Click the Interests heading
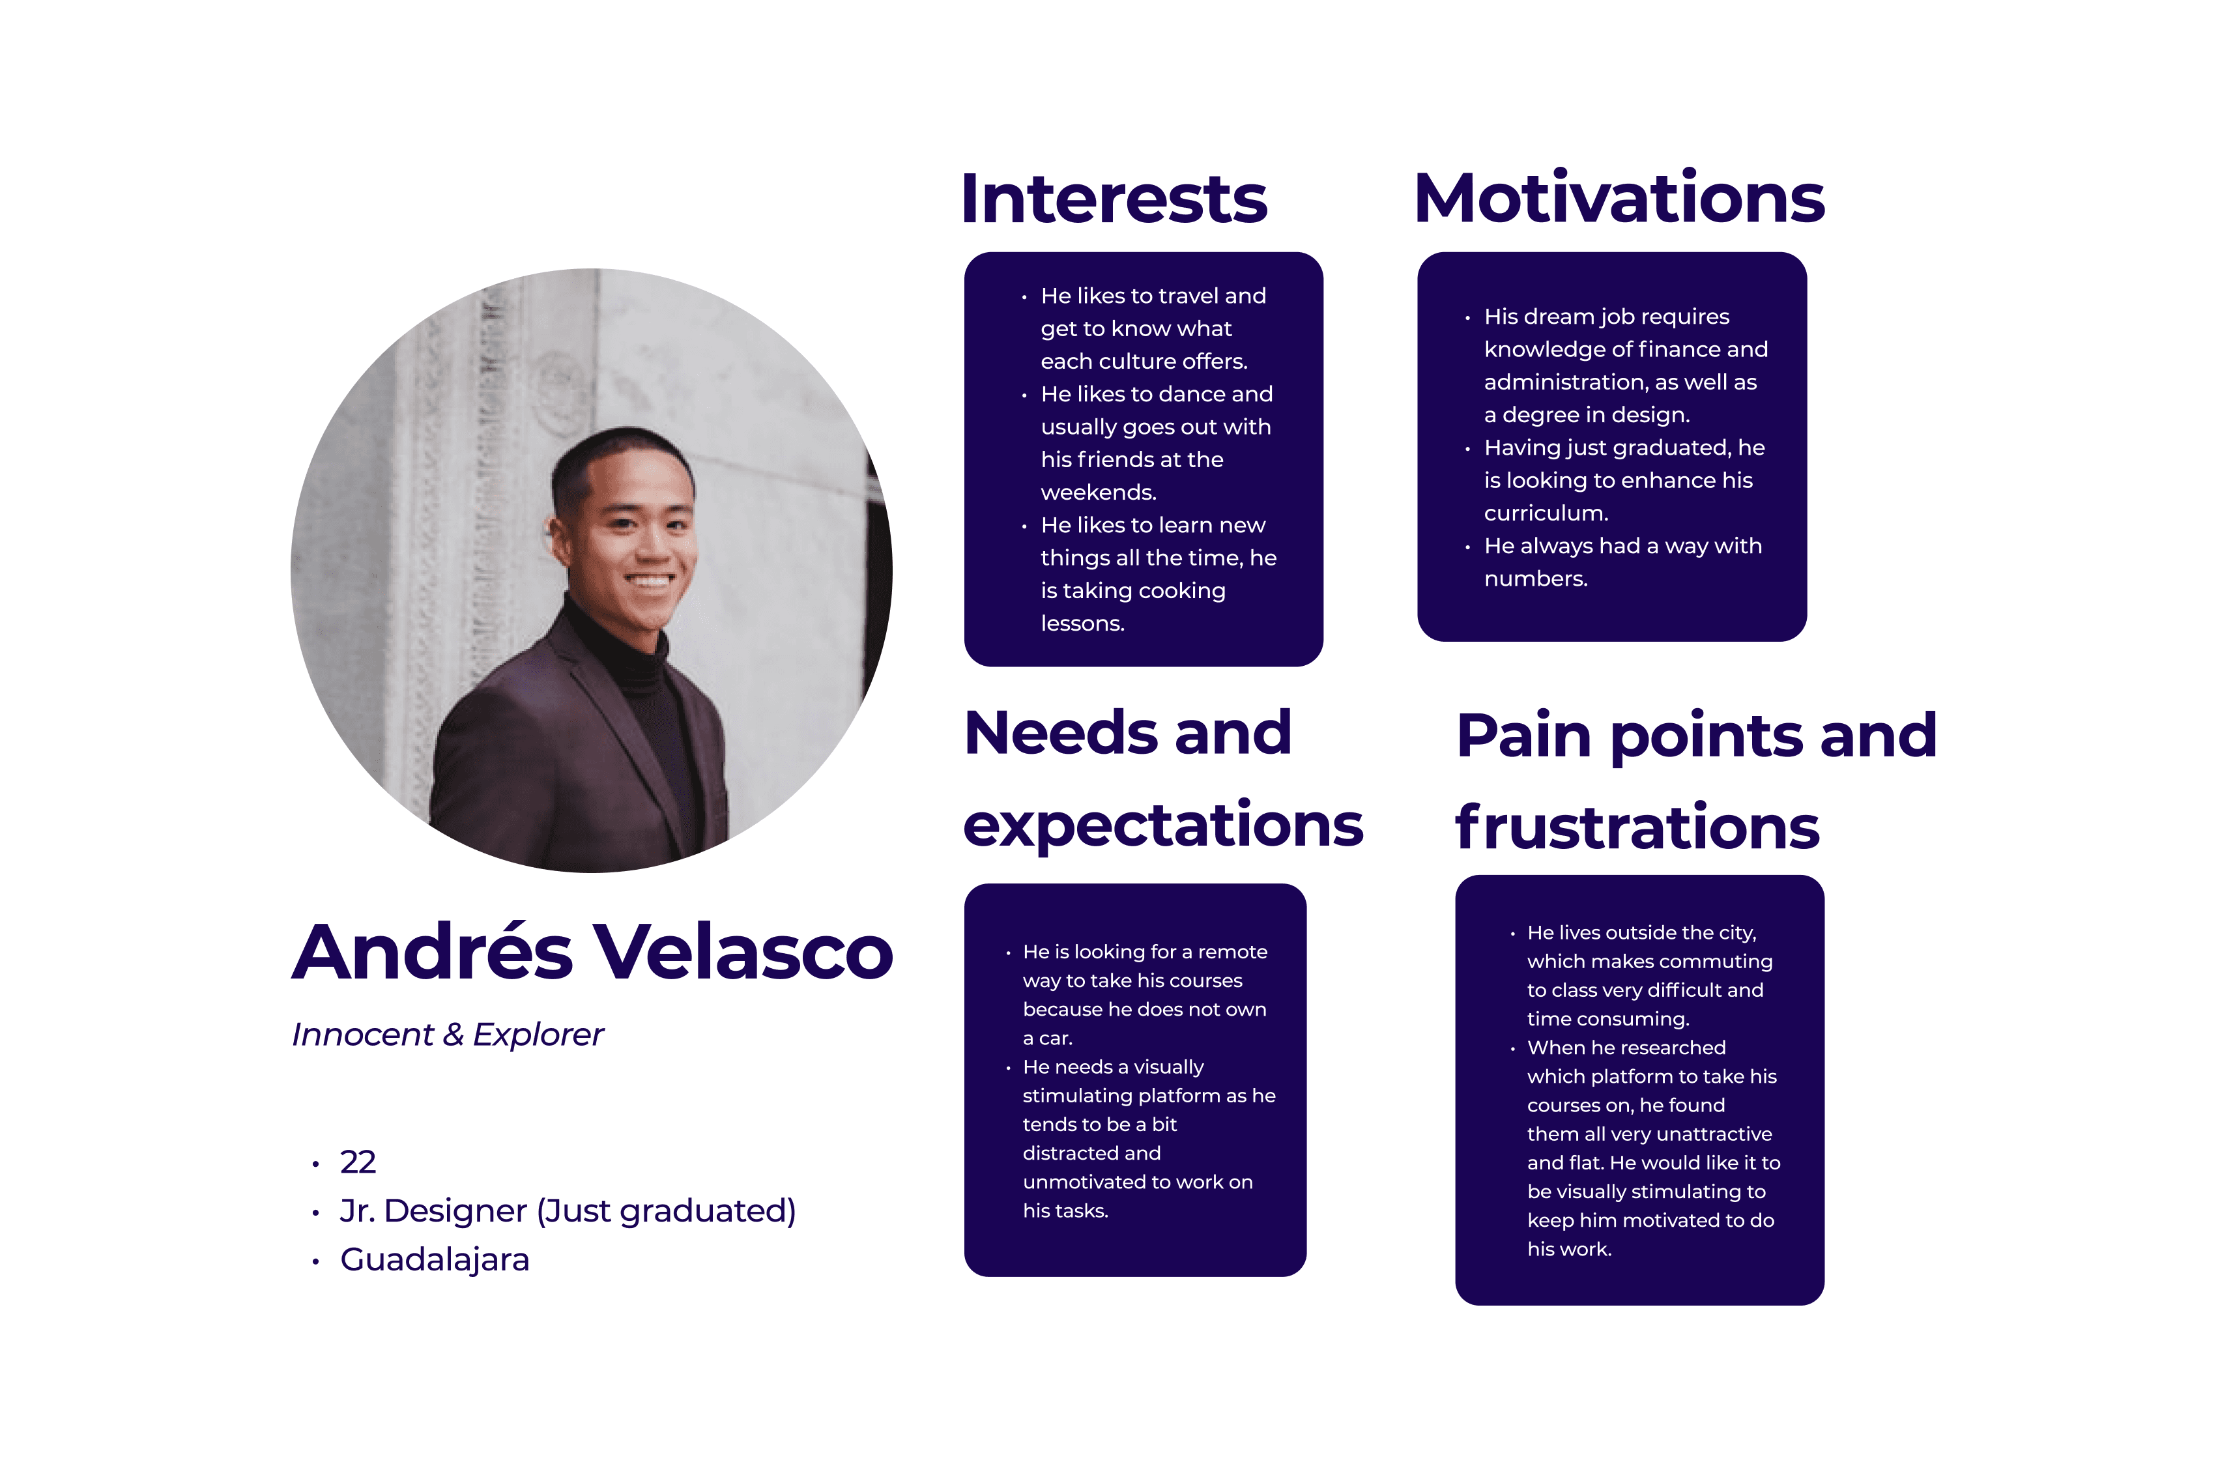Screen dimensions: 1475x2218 (1114, 199)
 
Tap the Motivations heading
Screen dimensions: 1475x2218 (1618, 199)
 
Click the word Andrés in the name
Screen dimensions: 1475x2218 (432, 952)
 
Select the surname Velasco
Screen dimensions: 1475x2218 (742, 952)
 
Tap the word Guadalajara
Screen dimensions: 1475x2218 (435, 1259)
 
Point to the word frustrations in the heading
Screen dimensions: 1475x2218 (1637, 828)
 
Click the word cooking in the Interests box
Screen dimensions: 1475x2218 (1181, 591)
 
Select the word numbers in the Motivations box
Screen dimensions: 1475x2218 (1534, 579)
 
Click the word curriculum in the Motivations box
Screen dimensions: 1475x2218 (1544, 513)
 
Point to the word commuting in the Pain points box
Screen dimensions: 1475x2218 (1718, 962)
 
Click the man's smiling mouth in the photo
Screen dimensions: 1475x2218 (649, 581)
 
